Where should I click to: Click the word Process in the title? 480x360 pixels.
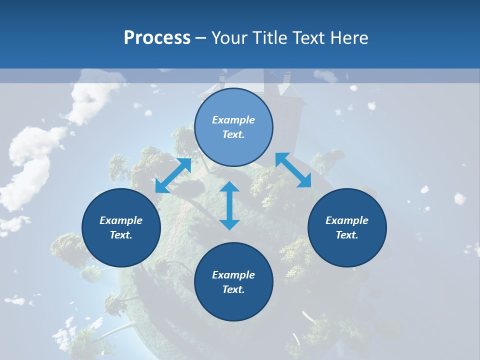pyautogui.click(x=157, y=37)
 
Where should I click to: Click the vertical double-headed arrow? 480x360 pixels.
pyautogui.click(x=229, y=205)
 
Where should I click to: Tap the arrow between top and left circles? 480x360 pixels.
pyautogui.click(x=173, y=175)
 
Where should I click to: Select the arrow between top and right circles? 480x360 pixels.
pyautogui.click(x=293, y=170)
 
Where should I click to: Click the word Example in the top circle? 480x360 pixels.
pyautogui.click(x=233, y=120)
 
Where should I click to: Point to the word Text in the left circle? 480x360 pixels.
pyautogui.click(x=121, y=235)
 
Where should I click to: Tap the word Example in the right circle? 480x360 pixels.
pyautogui.click(x=347, y=220)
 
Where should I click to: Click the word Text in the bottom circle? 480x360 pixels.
pyautogui.click(x=233, y=289)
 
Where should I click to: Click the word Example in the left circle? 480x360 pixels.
pyautogui.click(x=121, y=220)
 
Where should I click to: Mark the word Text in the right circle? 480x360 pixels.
pyautogui.click(x=347, y=235)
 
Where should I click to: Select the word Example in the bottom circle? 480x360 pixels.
pyautogui.click(x=233, y=275)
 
